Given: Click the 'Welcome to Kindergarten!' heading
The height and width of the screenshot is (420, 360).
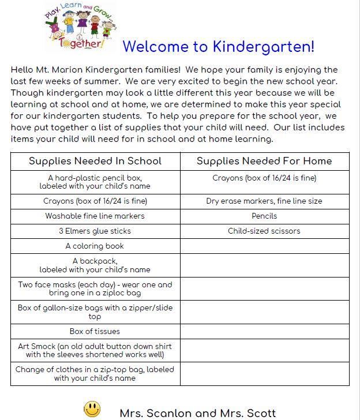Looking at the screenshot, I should pos(219,46).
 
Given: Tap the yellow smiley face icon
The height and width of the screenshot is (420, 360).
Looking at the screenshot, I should pos(92,409).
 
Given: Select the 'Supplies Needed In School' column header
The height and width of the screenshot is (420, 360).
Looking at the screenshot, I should pos(95,161).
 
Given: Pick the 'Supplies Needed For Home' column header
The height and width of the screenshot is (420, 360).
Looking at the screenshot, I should pos(264,161).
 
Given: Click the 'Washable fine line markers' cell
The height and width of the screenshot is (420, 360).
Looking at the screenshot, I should pos(95,216).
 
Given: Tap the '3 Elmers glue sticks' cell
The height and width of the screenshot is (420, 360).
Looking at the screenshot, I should pos(95,231).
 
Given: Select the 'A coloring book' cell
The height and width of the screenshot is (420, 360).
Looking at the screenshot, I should pos(95,246).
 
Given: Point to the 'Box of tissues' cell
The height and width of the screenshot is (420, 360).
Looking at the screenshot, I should pos(95,331).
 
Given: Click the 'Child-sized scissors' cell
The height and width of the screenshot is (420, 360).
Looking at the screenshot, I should pos(264,231).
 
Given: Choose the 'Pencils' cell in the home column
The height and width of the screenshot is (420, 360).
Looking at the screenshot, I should pos(264,216).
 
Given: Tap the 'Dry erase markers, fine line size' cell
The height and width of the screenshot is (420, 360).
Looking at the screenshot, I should pos(264,201).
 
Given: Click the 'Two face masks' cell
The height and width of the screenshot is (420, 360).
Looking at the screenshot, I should pos(95,288).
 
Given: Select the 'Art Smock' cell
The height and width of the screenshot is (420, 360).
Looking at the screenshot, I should pos(95,350).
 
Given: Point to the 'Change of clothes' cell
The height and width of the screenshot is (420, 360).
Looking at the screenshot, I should pos(95,373).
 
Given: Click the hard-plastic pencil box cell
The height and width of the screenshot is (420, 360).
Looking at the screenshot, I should pos(95,182).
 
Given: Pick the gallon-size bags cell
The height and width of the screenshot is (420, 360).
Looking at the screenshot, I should pos(95,312).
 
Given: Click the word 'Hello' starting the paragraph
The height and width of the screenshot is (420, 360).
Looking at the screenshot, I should pos(22,70).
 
